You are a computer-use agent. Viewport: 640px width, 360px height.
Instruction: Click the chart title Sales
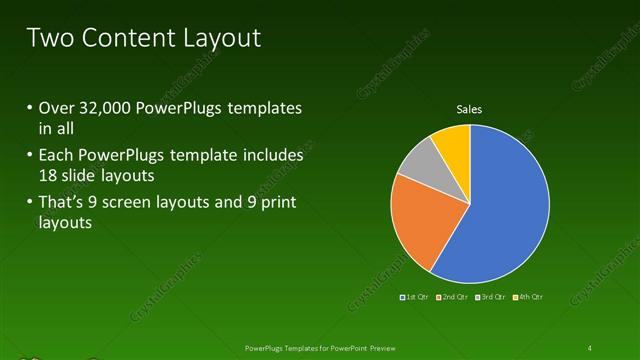click(x=470, y=108)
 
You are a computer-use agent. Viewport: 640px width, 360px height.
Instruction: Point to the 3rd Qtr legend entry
click(x=491, y=297)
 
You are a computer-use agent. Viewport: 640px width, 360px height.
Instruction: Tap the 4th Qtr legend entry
click(x=529, y=297)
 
